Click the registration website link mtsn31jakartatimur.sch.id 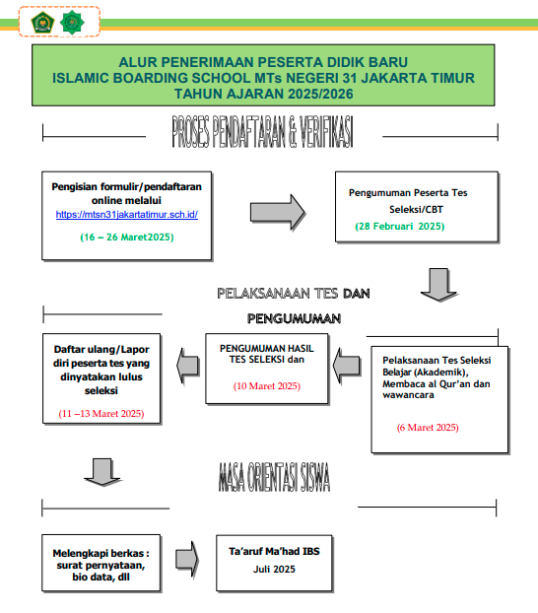(x=127, y=215)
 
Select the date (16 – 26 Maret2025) (x=127, y=238)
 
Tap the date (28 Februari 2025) (x=400, y=227)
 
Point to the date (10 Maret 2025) (x=267, y=386)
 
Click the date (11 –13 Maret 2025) (x=101, y=414)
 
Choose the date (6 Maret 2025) (x=428, y=428)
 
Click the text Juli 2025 (x=274, y=570)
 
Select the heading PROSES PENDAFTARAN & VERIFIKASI (x=263, y=132)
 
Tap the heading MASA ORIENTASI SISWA (x=274, y=477)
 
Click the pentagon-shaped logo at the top (x=42, y=23)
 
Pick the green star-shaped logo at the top (x=72, y=23)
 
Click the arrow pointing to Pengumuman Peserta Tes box (x=278, y=212)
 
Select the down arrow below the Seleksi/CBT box (x=438, y=285)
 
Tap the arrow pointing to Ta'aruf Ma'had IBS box (x=187, y=559)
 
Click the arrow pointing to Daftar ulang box (x=188, y=366)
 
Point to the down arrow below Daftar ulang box (x=102, y=472)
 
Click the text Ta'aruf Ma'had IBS (x=274, y=551)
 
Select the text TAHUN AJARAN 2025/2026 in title (x=263, y=94)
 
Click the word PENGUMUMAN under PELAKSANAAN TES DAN (x=294, y=318)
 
